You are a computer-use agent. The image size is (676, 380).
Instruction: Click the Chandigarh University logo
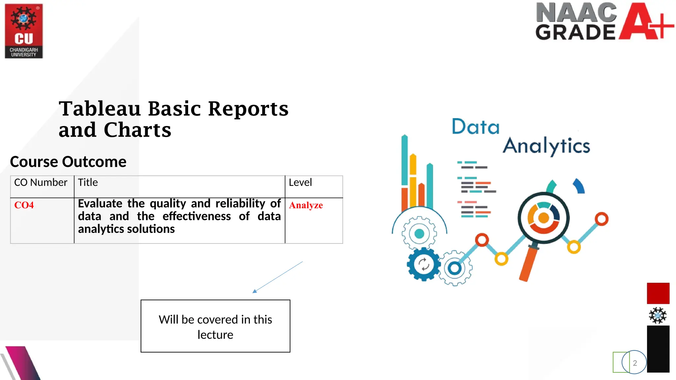tap(24, 31)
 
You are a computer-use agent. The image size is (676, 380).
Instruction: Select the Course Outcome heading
tap(68, 162)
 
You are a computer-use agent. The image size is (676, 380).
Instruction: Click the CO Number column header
tap(41, 182)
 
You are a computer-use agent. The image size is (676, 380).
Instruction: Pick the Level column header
tap(300, 182)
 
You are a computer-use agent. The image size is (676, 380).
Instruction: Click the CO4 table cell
tap(24, 205)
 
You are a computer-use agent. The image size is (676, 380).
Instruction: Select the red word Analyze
tap(306, 205)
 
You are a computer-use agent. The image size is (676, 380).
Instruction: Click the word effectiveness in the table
tap(197, 216)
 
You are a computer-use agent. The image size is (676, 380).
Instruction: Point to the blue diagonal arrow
tap(277, 277)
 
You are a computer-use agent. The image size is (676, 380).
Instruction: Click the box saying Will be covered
tap(215, 326)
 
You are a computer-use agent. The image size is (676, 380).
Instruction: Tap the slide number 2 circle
tap(634, 363)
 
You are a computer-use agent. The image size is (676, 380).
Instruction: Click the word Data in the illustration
tap(475, 127)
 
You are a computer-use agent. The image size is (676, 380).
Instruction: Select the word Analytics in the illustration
tap(546, 146)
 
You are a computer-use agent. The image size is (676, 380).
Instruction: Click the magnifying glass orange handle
tap(528, 264)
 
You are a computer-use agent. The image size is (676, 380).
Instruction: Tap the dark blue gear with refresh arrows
tap(423, 264)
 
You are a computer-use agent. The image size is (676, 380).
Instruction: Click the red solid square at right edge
tap(658, 293)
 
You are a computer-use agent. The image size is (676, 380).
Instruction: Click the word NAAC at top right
tap(576, 13)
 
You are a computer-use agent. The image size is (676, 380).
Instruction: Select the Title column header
tap(88, 182)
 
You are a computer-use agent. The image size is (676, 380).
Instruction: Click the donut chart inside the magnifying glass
tap(543, 218)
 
